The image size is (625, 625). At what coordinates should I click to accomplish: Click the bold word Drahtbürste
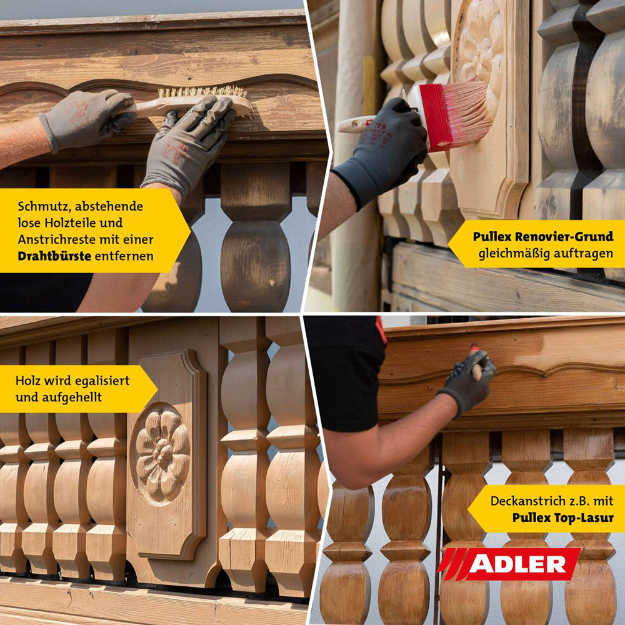click(54, 256)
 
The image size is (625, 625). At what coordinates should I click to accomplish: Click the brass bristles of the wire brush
click(202, 92)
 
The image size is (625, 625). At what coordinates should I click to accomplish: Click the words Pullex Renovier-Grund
click(543, 237)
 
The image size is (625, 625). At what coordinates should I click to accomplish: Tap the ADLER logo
click(509, 564)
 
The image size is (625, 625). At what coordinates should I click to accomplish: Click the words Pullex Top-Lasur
click(563, 517)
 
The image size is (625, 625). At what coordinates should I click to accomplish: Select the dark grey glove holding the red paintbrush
click(382, 151)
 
